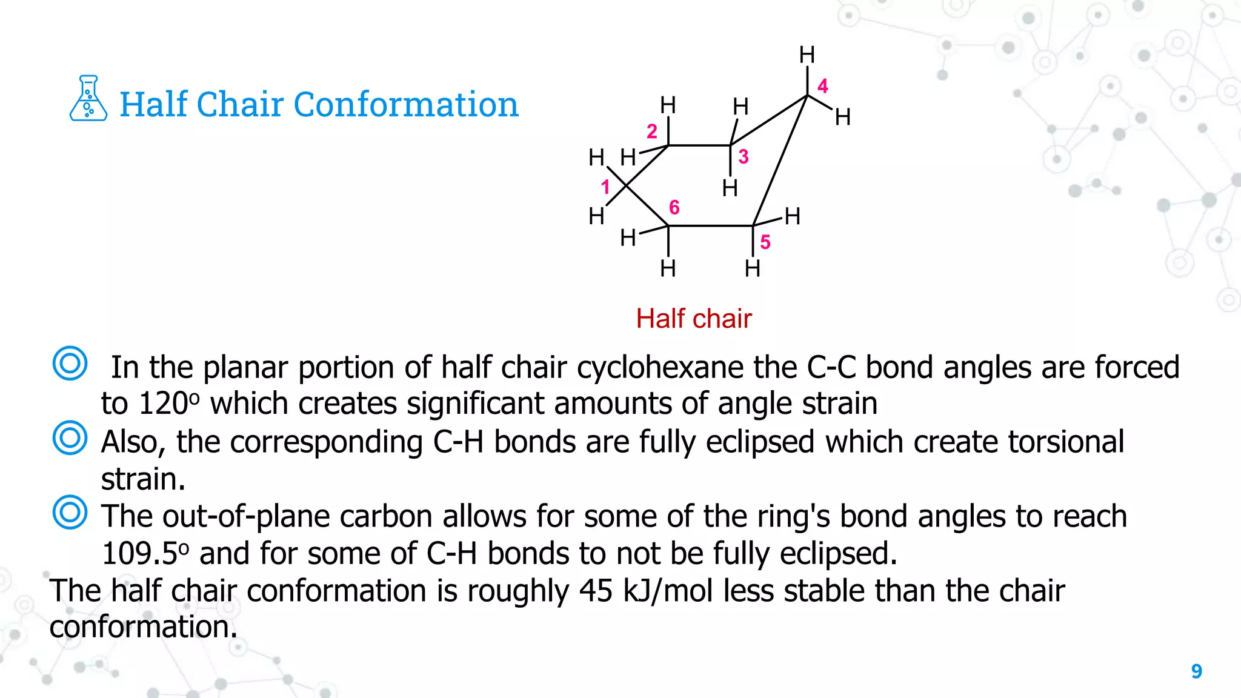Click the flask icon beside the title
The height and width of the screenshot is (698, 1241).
[x=88, y=98]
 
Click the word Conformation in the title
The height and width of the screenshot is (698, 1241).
[x=406, y=104]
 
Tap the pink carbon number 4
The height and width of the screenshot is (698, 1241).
[x=822, y=86]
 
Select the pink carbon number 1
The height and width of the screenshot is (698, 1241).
[x=605, y=187]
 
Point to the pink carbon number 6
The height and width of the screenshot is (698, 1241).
[x=674, y=208]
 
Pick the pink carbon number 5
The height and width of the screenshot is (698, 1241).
[x=765, y=242]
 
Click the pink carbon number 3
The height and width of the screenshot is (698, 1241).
[x=744, y=157]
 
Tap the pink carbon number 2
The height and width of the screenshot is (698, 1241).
[x=652, y=131]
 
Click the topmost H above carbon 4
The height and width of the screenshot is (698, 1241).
[x=807, y=55]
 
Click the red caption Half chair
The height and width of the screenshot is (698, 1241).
[x=694, y=319]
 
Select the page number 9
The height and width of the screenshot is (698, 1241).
[x=1196, y=671]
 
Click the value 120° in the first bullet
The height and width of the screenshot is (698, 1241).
[x=169, y=404]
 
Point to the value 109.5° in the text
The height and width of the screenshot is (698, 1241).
[x=145, y=554]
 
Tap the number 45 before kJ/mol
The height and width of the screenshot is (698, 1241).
[x=596, y=591]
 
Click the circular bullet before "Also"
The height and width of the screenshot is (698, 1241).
[x=70, y=437]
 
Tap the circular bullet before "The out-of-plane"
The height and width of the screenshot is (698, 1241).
[x=70, y=513]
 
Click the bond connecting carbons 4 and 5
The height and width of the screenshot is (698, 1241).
[x=780, y=161]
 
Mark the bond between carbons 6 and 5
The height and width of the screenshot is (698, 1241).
[x=710, y=226]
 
